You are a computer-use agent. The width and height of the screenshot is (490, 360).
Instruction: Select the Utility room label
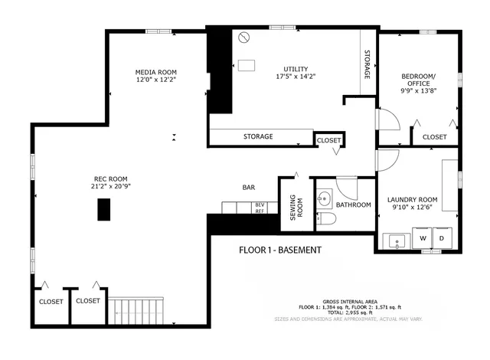(295, 67)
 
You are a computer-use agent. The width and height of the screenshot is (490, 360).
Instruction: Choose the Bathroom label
(354, 205)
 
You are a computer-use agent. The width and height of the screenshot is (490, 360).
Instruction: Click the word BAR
(249, 187)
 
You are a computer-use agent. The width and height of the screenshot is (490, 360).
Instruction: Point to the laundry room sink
(397, 241)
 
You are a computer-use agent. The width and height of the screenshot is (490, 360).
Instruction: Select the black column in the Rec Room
(103, 209)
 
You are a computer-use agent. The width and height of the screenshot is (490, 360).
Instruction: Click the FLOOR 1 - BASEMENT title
(279, 250)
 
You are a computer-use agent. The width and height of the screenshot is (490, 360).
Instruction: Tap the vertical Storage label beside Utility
(367, 66)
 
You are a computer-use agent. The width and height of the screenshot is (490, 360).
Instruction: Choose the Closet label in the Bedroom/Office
(434, 136)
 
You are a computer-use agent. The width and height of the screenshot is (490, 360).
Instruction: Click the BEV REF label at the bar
(260, 208)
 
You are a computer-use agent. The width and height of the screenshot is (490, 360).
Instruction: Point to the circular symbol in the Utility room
(243, 37)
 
